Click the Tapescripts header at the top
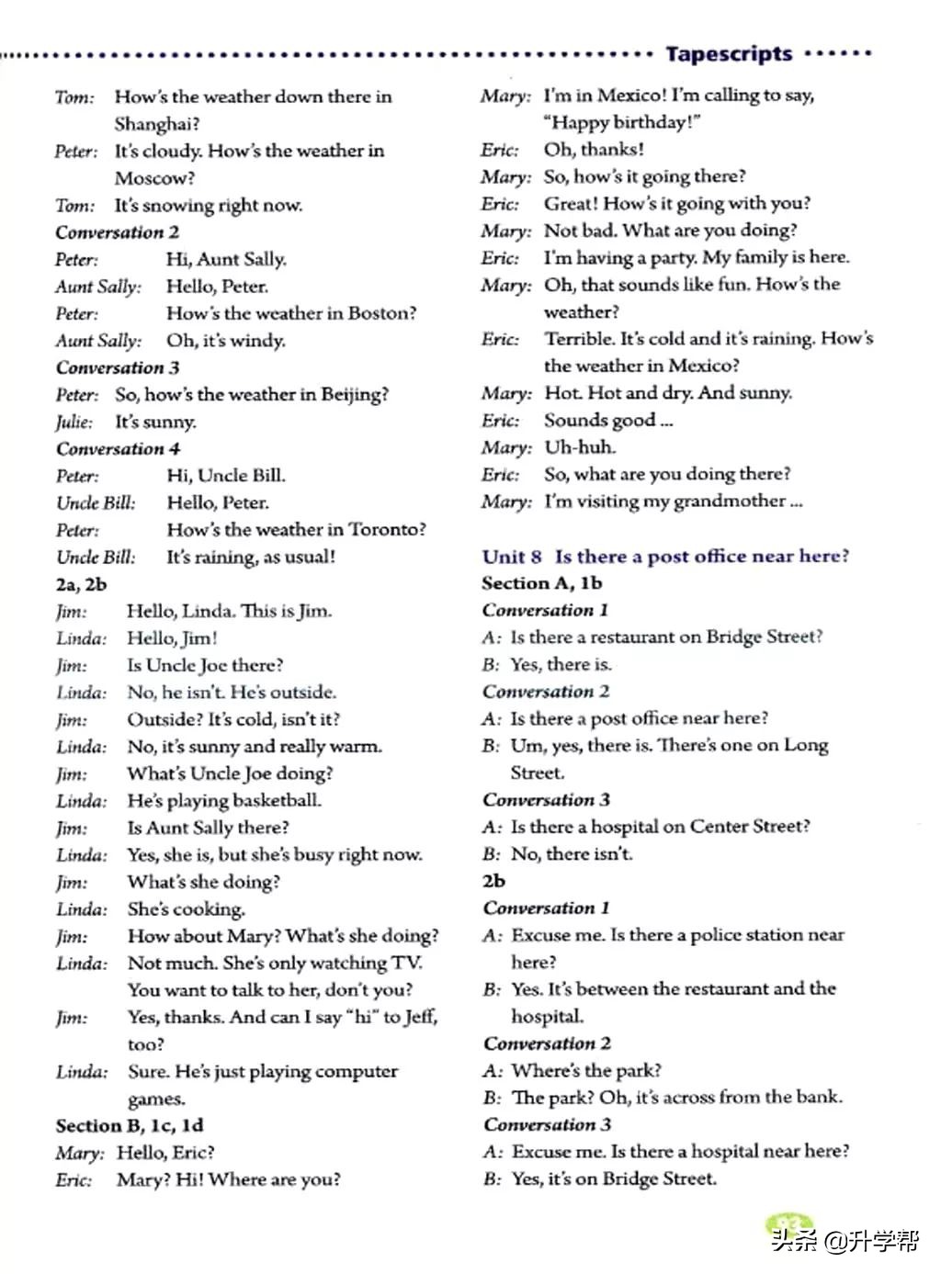click(x=729, y=54)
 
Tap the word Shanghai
click(x=154, y=124)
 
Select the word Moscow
click(x=153, y=178)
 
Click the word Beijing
click(x=353, y=395)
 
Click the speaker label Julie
click(x=74, y=423)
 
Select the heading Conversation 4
click(x=118, y=449)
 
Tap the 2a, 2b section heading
click(x=81, y=584)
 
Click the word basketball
click(x=277, y=801)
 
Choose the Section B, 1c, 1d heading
click(x=130, y=1126)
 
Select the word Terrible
click(x=578, y=339)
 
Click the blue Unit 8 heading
click(x=665, y=557)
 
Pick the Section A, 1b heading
click(x=541, y=583)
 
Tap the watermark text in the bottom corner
click(x=845, y=1241)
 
